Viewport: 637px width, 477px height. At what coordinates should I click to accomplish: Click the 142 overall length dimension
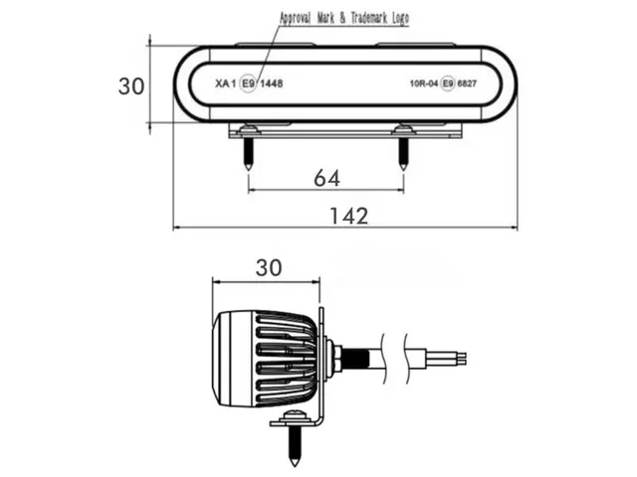click(x=349, y=216)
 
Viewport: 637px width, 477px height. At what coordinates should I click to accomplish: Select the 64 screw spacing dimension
click(x=327, y=178)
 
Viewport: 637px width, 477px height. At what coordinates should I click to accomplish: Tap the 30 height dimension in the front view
click(x=130, y=86)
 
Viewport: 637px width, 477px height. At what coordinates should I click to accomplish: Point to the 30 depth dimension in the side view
click(x=269, y=267)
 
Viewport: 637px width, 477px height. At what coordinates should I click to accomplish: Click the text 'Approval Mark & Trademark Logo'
click(x=344, y=18)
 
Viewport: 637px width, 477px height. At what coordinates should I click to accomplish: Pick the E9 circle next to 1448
click(x=248, y=83)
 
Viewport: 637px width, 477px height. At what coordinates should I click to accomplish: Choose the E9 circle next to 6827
click(x=448, y=83)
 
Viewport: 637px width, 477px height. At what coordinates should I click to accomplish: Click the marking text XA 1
click(x=225, y=83)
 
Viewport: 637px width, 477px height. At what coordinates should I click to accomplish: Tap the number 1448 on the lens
click(x=271, y=83)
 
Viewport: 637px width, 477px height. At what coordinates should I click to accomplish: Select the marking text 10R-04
click(x=424, y=83)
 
